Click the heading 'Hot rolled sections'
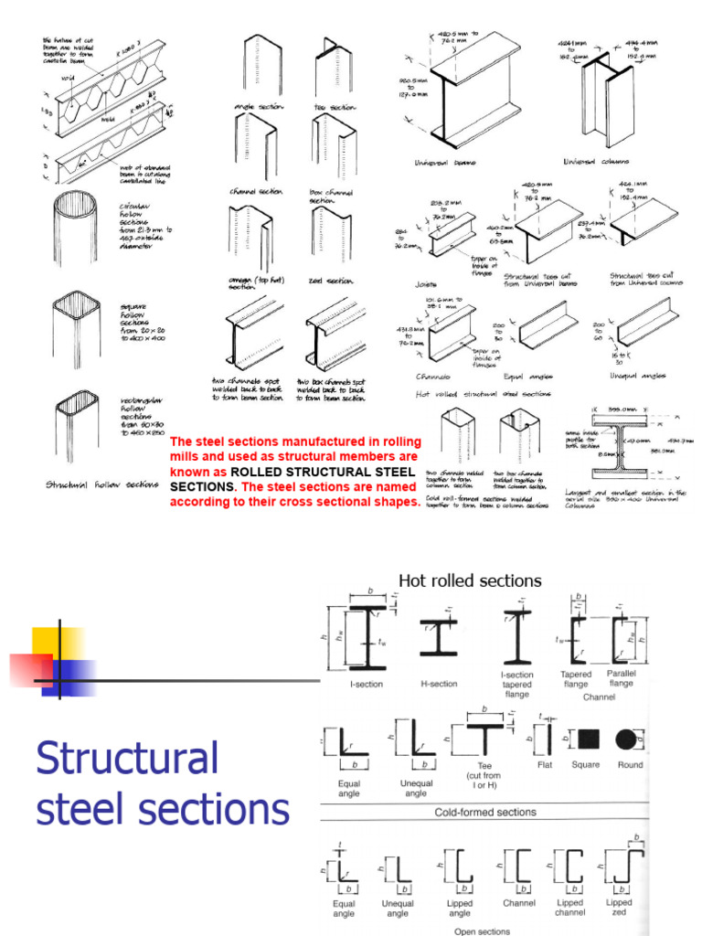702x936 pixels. [470, 580]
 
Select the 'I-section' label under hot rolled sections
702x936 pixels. [366, 684]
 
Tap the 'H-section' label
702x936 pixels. [439, 684]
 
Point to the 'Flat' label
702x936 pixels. [544, 765]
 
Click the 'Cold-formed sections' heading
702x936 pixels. [484, 812]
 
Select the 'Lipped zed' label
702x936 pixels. [619, 908]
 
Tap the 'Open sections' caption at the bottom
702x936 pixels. [484, 931]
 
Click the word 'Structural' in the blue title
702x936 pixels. [127, 759]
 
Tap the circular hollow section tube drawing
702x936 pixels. [75, 229]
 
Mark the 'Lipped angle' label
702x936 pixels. [460, 908]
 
